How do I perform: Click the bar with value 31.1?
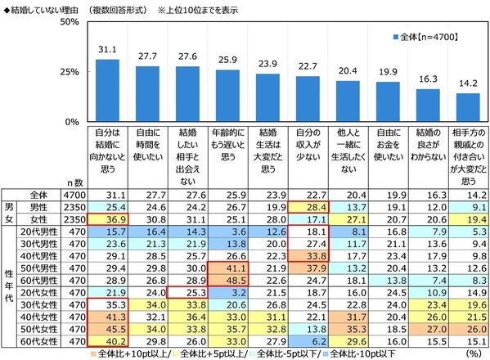[107, 90]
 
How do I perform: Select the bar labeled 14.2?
[468, 106]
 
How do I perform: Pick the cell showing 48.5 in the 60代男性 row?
[227, 281]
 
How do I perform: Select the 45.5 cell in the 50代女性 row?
[107, 330]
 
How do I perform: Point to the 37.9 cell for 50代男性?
[308, 269]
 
